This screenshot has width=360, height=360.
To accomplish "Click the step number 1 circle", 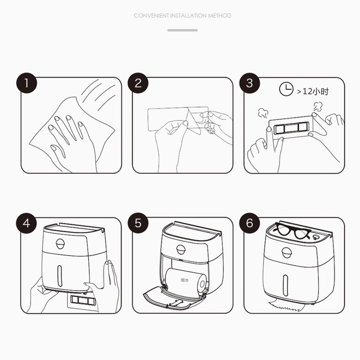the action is (x=27, y=83).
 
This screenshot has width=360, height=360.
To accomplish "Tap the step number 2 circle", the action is (x=138, y=83).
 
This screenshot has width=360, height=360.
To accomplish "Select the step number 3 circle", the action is (x=250, y=83).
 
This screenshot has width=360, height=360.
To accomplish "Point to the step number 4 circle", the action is (x=26, y=223).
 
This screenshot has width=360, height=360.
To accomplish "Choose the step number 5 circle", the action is (x=138, y=223).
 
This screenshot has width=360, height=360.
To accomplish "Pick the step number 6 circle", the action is (x=250, y=223).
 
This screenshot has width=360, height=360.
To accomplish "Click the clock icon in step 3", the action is (x=286, y=89).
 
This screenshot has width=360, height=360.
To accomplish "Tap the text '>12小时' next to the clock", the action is (x=313, y=92).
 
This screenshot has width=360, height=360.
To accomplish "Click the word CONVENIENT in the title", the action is (x=151, y=16).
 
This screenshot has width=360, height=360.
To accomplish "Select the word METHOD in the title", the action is (x=220, y=16).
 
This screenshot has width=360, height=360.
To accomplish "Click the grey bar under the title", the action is (x=183, y=30).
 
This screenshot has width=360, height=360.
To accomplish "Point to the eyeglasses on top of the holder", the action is (x=292, y=231).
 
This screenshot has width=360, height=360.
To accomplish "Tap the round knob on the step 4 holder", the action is (x=60, y=244).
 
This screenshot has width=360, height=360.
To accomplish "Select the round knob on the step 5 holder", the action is (x=181, y=250).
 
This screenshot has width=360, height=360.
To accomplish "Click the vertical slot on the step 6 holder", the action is (x=286, y=286).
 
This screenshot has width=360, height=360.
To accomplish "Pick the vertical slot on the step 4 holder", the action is (x=60, y=276).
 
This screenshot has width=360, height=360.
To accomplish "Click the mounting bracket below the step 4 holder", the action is (x=83, y=300).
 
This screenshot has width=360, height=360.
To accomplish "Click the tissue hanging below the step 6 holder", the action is (x=285, y=305).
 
